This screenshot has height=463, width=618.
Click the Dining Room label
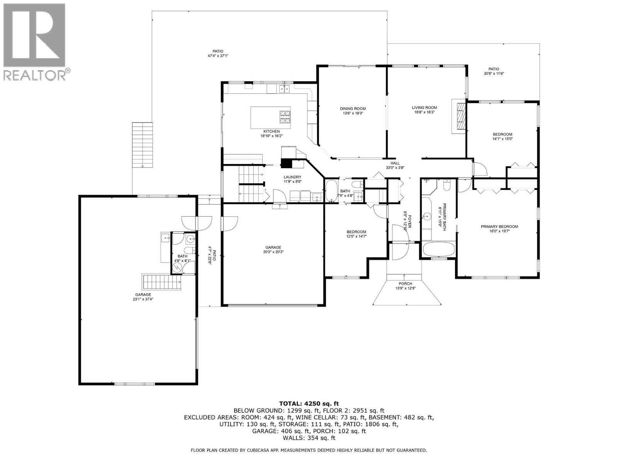[x=353, y=108]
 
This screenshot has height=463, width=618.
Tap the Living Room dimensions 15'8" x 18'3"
[x=424, y=112]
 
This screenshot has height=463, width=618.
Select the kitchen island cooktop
[x=285, y=117]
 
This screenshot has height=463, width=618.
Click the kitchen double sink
[x=284, y=89]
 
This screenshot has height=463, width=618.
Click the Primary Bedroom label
[x=499, y=226]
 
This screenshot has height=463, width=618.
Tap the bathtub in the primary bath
[x=438, y=249]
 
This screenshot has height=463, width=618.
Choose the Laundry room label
[x=292, y=177]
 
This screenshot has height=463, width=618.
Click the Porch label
[x=405, y=284]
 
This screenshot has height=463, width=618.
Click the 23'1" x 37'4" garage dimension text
[x=143, y=299]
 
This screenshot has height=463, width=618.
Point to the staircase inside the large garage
[x=162, y=282]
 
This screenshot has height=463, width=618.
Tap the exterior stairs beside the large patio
[x=143, y=145]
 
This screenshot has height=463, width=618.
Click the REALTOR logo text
[x=37, y=75]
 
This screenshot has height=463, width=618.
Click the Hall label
[x=395, y=163]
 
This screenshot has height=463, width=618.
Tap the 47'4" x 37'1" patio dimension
[x=217, y=56]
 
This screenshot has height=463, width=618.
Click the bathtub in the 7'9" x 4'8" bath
[x=331, y=191]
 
